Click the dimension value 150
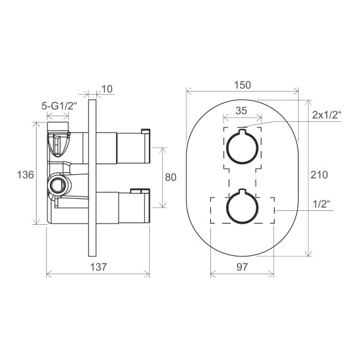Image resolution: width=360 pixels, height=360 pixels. click(242, 85)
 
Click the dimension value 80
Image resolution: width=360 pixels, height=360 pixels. click(170, 177)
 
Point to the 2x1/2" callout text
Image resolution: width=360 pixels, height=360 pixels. click(326, 115)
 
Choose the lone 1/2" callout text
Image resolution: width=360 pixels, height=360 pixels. click(323, 203)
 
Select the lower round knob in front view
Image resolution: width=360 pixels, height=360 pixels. click(242, 206)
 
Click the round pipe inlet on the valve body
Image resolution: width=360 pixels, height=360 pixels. click(57, 185)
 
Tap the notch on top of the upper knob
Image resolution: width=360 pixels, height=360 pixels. click(242, 133)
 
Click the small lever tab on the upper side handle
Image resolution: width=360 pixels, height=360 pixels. click(146, 131)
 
